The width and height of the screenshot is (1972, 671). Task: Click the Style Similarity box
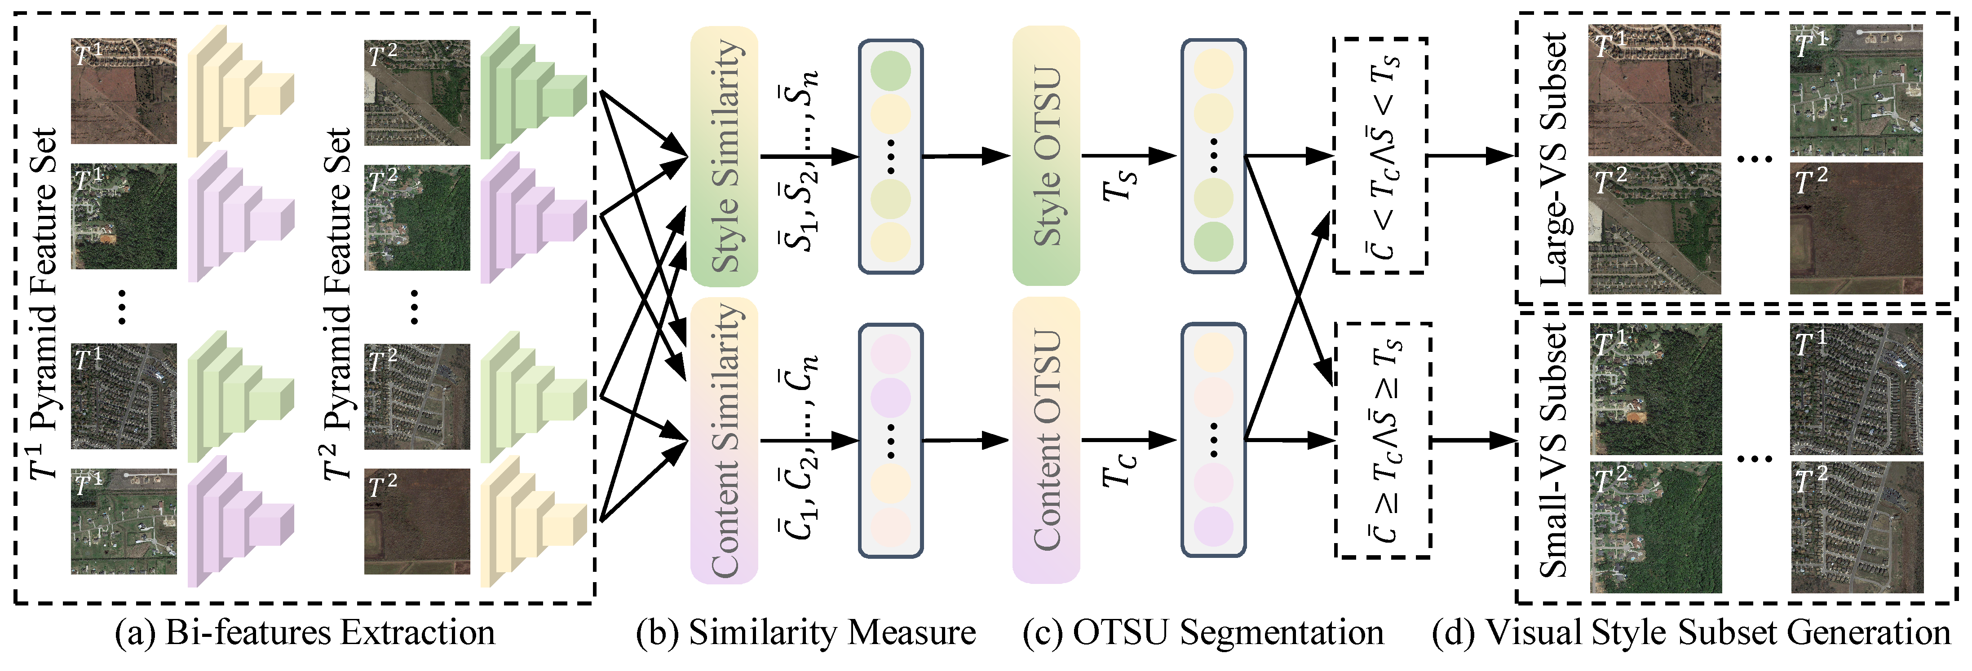tap(723, 156)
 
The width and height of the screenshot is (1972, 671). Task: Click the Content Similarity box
tap(723, 440)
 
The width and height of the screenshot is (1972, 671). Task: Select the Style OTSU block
tap(1046, 156)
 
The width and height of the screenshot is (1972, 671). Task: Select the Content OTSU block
tap(1046, 440)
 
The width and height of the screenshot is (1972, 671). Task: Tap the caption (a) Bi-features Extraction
tap(305, 633)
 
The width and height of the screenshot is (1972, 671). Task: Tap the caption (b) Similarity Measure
tap(805, 633)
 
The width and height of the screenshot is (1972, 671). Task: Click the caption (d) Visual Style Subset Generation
tap(1691, 633)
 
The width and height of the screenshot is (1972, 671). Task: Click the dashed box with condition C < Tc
tap(1380, 156)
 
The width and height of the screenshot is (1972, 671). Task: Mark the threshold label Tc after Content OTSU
tap(1119, 468)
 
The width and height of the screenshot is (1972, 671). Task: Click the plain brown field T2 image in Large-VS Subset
tap(1856, 228)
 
